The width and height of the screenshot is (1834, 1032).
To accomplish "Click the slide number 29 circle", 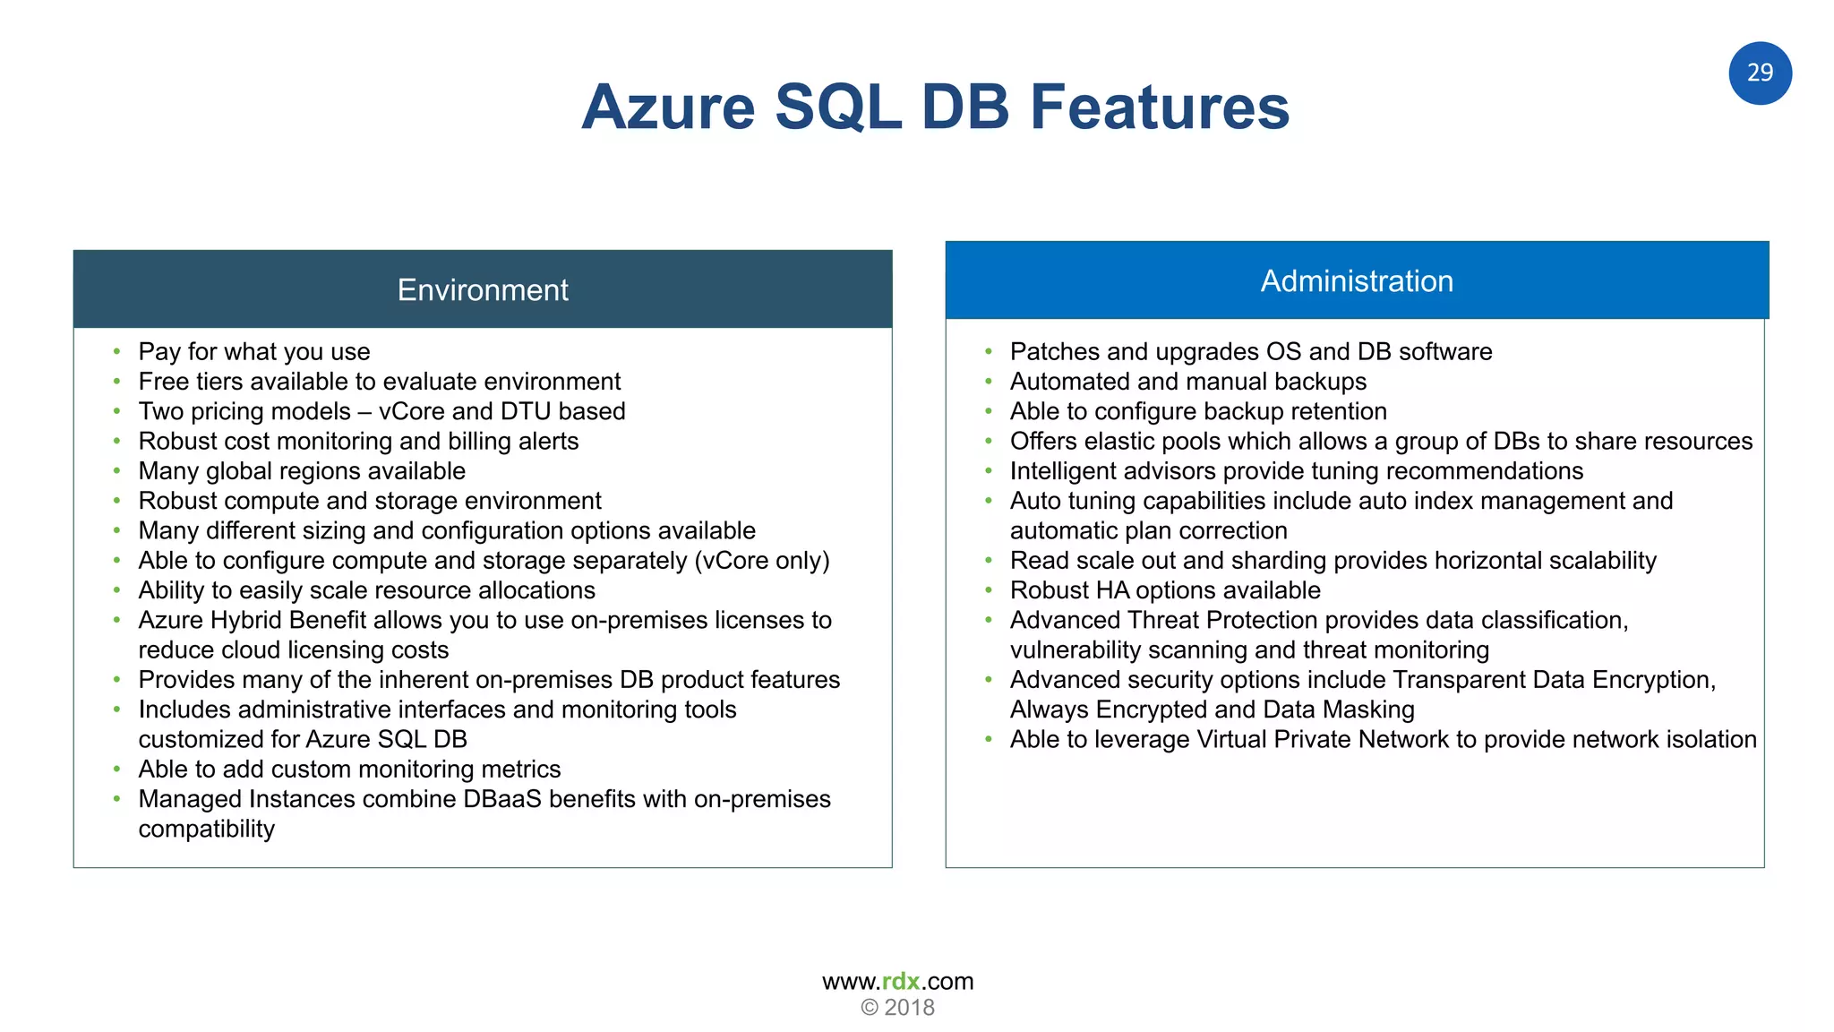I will [x=1760, y=73].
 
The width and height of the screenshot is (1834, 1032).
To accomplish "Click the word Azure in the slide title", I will [x=668, y=107].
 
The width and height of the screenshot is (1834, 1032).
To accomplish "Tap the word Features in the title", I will [x=1160, y=107].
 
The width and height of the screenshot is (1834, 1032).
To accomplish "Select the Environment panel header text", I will [x=483, y=290].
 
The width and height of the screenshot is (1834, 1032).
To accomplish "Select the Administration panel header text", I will [x=1357, y=281].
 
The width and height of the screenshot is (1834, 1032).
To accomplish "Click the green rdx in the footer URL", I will [x=901, y=981].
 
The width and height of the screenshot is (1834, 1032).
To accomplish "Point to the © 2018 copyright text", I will [x=897, y=1008].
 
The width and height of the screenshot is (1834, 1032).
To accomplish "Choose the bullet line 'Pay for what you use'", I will [x=254, y=352].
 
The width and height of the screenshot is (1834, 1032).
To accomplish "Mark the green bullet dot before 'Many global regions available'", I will [x=116, y=471].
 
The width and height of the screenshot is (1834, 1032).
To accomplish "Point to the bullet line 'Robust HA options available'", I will [x=1165, y=590].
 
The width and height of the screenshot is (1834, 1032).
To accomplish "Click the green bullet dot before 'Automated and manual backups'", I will [x=989, y=382].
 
